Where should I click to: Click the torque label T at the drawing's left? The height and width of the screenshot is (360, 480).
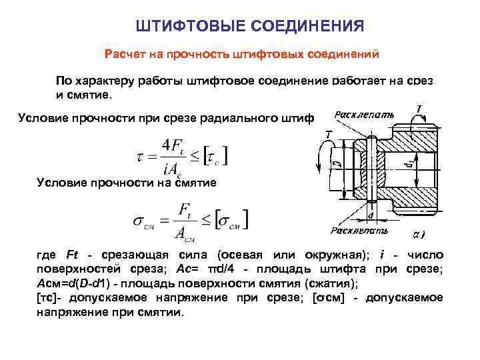point(328,135)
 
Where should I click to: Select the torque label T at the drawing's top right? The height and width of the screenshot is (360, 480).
point(418,108)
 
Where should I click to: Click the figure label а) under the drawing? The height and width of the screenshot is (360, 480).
point(418,235)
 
